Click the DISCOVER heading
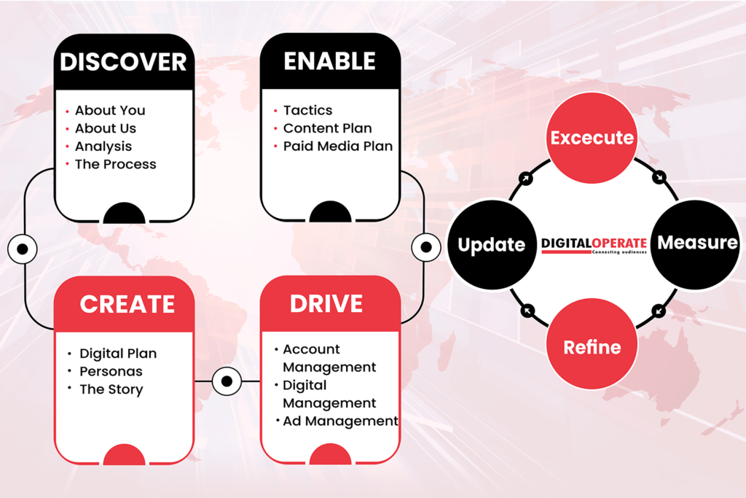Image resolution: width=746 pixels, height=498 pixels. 123,62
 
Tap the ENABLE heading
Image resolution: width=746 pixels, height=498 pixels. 329,61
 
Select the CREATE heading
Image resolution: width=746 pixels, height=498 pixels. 127,304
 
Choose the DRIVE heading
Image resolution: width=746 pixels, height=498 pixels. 326,303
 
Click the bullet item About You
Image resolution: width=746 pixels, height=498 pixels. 110,111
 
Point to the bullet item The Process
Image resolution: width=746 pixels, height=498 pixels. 115,165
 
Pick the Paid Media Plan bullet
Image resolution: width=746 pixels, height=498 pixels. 337,147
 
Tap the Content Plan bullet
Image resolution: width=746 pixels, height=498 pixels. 327,128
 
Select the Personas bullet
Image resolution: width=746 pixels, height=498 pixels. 111,372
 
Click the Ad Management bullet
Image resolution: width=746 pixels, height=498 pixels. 340,421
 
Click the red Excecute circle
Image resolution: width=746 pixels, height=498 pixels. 592,138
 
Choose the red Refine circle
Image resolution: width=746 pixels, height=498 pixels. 592,347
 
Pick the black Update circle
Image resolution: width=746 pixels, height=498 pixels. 491,245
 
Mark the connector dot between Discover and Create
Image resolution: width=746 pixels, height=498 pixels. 23,249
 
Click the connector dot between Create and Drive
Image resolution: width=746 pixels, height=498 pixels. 227,381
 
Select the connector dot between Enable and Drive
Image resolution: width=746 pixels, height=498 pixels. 426,247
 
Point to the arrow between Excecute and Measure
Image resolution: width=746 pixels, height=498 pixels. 659,176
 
